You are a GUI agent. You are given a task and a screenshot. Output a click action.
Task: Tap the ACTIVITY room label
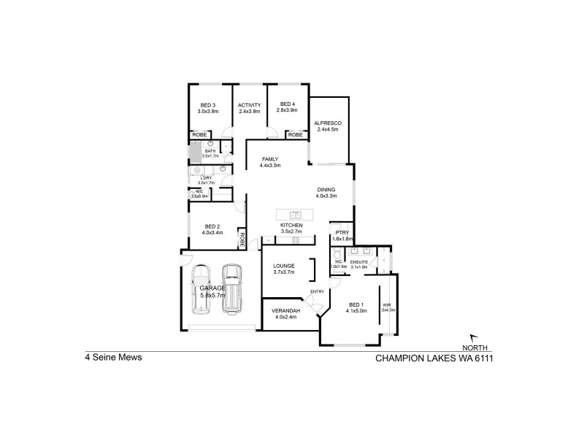[x=249, y=104]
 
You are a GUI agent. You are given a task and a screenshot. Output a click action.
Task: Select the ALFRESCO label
[x=328, y=123]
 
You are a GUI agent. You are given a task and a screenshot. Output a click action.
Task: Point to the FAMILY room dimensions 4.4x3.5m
[x=270, y=166]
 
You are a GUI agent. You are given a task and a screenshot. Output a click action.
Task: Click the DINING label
[x=326, y=188]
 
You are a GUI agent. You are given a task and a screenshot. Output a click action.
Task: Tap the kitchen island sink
[x=296, y=215]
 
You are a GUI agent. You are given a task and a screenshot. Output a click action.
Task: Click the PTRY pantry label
[x=342, y=231]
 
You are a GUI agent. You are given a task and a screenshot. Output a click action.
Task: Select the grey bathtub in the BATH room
[x=196, y=152]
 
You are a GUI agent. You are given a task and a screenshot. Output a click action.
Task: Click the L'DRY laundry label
[x=206, y=177]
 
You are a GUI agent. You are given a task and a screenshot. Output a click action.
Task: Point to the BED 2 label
[x=212, y=226]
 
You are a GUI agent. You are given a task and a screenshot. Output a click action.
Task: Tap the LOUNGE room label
[x=283, y=265]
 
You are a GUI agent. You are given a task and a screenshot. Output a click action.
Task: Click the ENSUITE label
[x=359, y=261]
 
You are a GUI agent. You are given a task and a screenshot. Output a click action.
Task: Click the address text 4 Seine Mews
[x=114, y=358]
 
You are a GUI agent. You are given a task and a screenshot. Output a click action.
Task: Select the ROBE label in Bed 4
[x=295, y=135]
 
